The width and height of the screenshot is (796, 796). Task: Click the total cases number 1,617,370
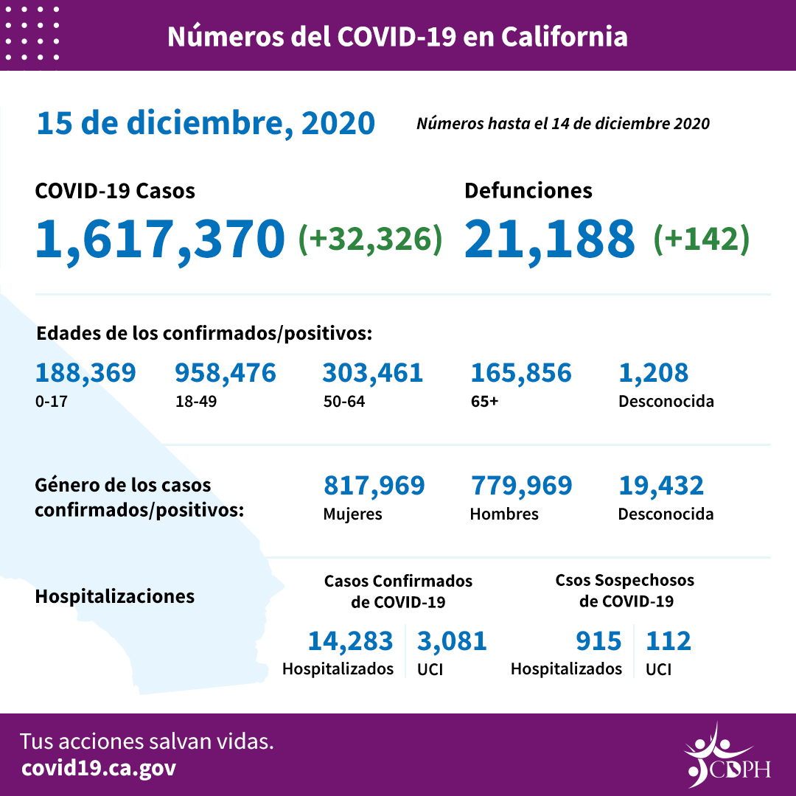pyautogui.click(x=160, y=238)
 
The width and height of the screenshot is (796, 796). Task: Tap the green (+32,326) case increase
pyautogui.click(x=370, y=239)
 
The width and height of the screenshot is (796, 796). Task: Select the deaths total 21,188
pyautogui.click(x=549, y=238)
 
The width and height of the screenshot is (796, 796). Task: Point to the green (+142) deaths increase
pyautogui.click(x=701, y=239)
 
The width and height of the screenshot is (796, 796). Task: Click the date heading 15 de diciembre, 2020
pyautogui.click(x=206, y=123)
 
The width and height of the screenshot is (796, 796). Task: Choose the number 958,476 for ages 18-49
pyautogui.click(x=225, y=373)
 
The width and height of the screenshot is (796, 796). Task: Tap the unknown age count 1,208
pyautogui.click(x=653, y=373)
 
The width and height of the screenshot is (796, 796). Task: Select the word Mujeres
pyautogui.click(x=352, y=514)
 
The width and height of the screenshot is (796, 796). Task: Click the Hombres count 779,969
pyautogui.click(x=520, y=486)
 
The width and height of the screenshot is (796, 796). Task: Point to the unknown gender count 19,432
pyautogui.click(x=660, y=486)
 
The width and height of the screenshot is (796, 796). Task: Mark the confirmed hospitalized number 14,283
pyautogui.click(x=350, y=641)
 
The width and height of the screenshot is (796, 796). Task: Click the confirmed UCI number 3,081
pyautogui.click(x=452, y=641)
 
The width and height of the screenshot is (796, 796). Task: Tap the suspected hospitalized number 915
pyautogui.click(x=598, y=641)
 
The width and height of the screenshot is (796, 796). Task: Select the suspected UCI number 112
pyautogui.click(x=668, y=641)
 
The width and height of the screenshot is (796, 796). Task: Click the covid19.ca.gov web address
pyautogui.click(x=99, y=768)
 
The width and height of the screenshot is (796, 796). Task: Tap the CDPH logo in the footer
pyautogui.click(x=726, y=756)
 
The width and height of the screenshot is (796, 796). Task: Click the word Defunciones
pyautogui.click(x=528, y=191)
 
